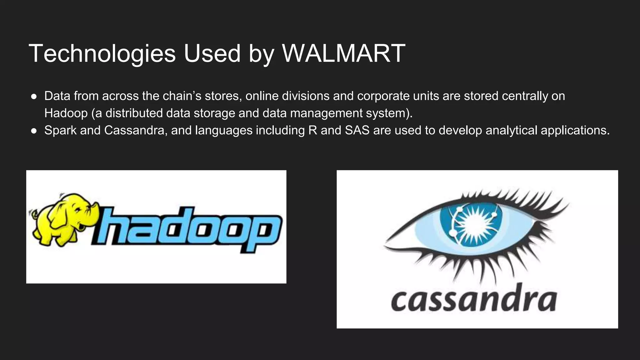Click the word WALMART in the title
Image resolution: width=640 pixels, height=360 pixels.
[x=343, y=53]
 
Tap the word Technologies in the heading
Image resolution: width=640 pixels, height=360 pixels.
[x=102, y=53]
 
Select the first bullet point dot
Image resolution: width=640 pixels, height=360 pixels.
[x=34, y=97]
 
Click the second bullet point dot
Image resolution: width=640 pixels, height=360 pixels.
[x=34, y=131]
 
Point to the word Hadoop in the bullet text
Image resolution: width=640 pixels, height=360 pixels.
[x=66, y=113]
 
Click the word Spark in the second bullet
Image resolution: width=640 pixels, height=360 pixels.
[x=60, y=130]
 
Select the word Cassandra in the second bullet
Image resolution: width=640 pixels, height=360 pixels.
[x=134, y=130]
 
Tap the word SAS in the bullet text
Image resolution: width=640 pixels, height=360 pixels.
[x=357, y=130]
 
